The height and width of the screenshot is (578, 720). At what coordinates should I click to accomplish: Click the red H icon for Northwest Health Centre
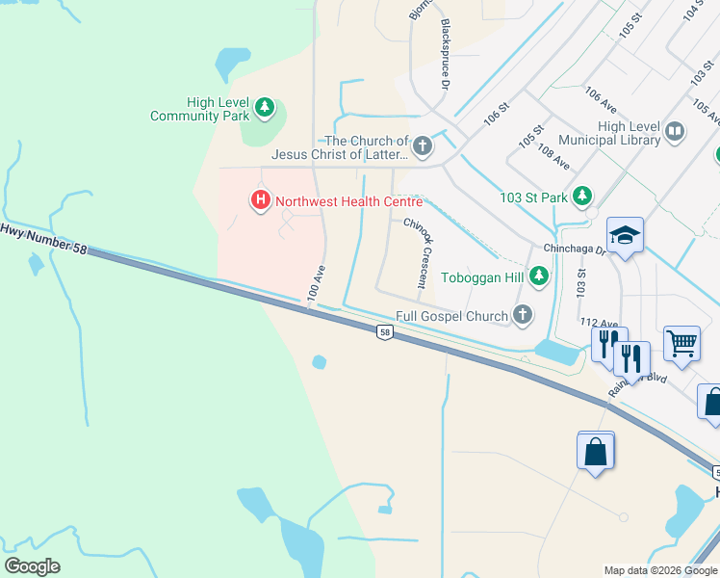260,201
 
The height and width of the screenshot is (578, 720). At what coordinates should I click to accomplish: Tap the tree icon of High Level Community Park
266,109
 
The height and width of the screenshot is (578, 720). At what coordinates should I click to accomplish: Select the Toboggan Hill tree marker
539,277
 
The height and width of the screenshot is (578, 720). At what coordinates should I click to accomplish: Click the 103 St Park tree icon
581,197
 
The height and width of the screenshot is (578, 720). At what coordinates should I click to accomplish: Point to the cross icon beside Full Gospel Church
523,315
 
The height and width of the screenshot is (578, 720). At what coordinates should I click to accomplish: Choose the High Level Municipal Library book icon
676,133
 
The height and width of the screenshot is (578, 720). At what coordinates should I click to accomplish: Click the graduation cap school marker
625,235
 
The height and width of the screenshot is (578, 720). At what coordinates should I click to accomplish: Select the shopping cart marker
681,342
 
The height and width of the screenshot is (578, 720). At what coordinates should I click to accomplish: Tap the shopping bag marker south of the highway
595,450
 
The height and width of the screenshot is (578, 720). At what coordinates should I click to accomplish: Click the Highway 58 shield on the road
384,332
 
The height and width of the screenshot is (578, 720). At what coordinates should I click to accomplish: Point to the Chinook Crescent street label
415,252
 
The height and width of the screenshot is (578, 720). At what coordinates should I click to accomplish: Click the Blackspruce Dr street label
445,54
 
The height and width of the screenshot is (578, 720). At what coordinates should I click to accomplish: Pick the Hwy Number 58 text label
43,239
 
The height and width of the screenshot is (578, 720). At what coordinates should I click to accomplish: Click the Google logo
32,566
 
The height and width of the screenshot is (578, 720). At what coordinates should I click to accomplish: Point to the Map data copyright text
659,570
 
